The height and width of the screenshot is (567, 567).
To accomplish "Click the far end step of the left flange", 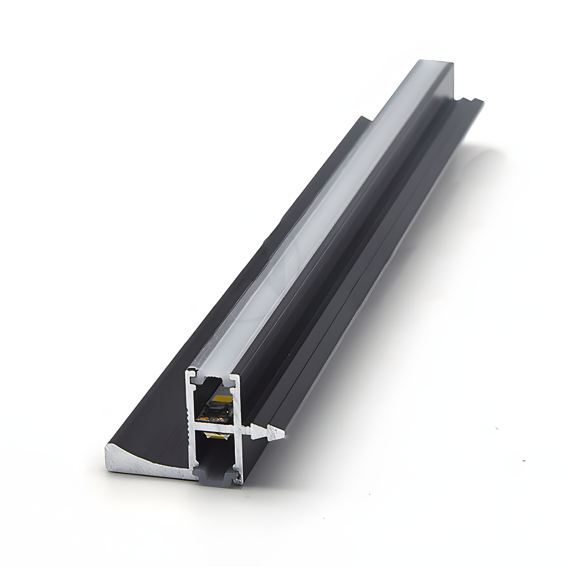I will [363, 118].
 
